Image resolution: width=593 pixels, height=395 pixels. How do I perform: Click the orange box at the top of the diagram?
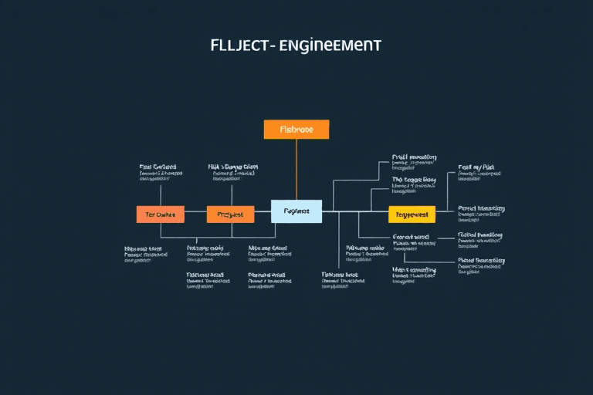point(296,130)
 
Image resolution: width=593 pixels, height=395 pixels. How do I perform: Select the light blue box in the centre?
point(296,211)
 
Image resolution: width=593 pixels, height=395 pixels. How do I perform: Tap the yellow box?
point(412,214)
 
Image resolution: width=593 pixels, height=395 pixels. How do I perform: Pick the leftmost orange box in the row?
point(161,214)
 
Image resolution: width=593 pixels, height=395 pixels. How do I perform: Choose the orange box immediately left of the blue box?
point(230,214)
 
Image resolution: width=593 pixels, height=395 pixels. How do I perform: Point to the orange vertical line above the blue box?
point(296,170)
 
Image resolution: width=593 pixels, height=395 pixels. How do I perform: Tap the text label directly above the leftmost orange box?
point(159,170)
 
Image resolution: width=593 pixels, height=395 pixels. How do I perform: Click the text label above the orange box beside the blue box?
point(234,170)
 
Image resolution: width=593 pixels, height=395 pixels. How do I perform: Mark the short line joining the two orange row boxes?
point(195,214)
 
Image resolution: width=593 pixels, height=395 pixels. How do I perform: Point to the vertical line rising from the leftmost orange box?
point(161,195)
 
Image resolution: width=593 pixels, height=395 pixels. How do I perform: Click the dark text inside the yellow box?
point(412,214)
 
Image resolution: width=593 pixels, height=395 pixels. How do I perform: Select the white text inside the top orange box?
point(296,130)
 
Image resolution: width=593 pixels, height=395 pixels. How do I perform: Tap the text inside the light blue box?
point(296,211)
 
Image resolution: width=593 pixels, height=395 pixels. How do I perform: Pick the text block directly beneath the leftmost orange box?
point(144,254)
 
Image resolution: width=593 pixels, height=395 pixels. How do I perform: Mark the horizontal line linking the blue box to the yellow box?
point(355,211)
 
